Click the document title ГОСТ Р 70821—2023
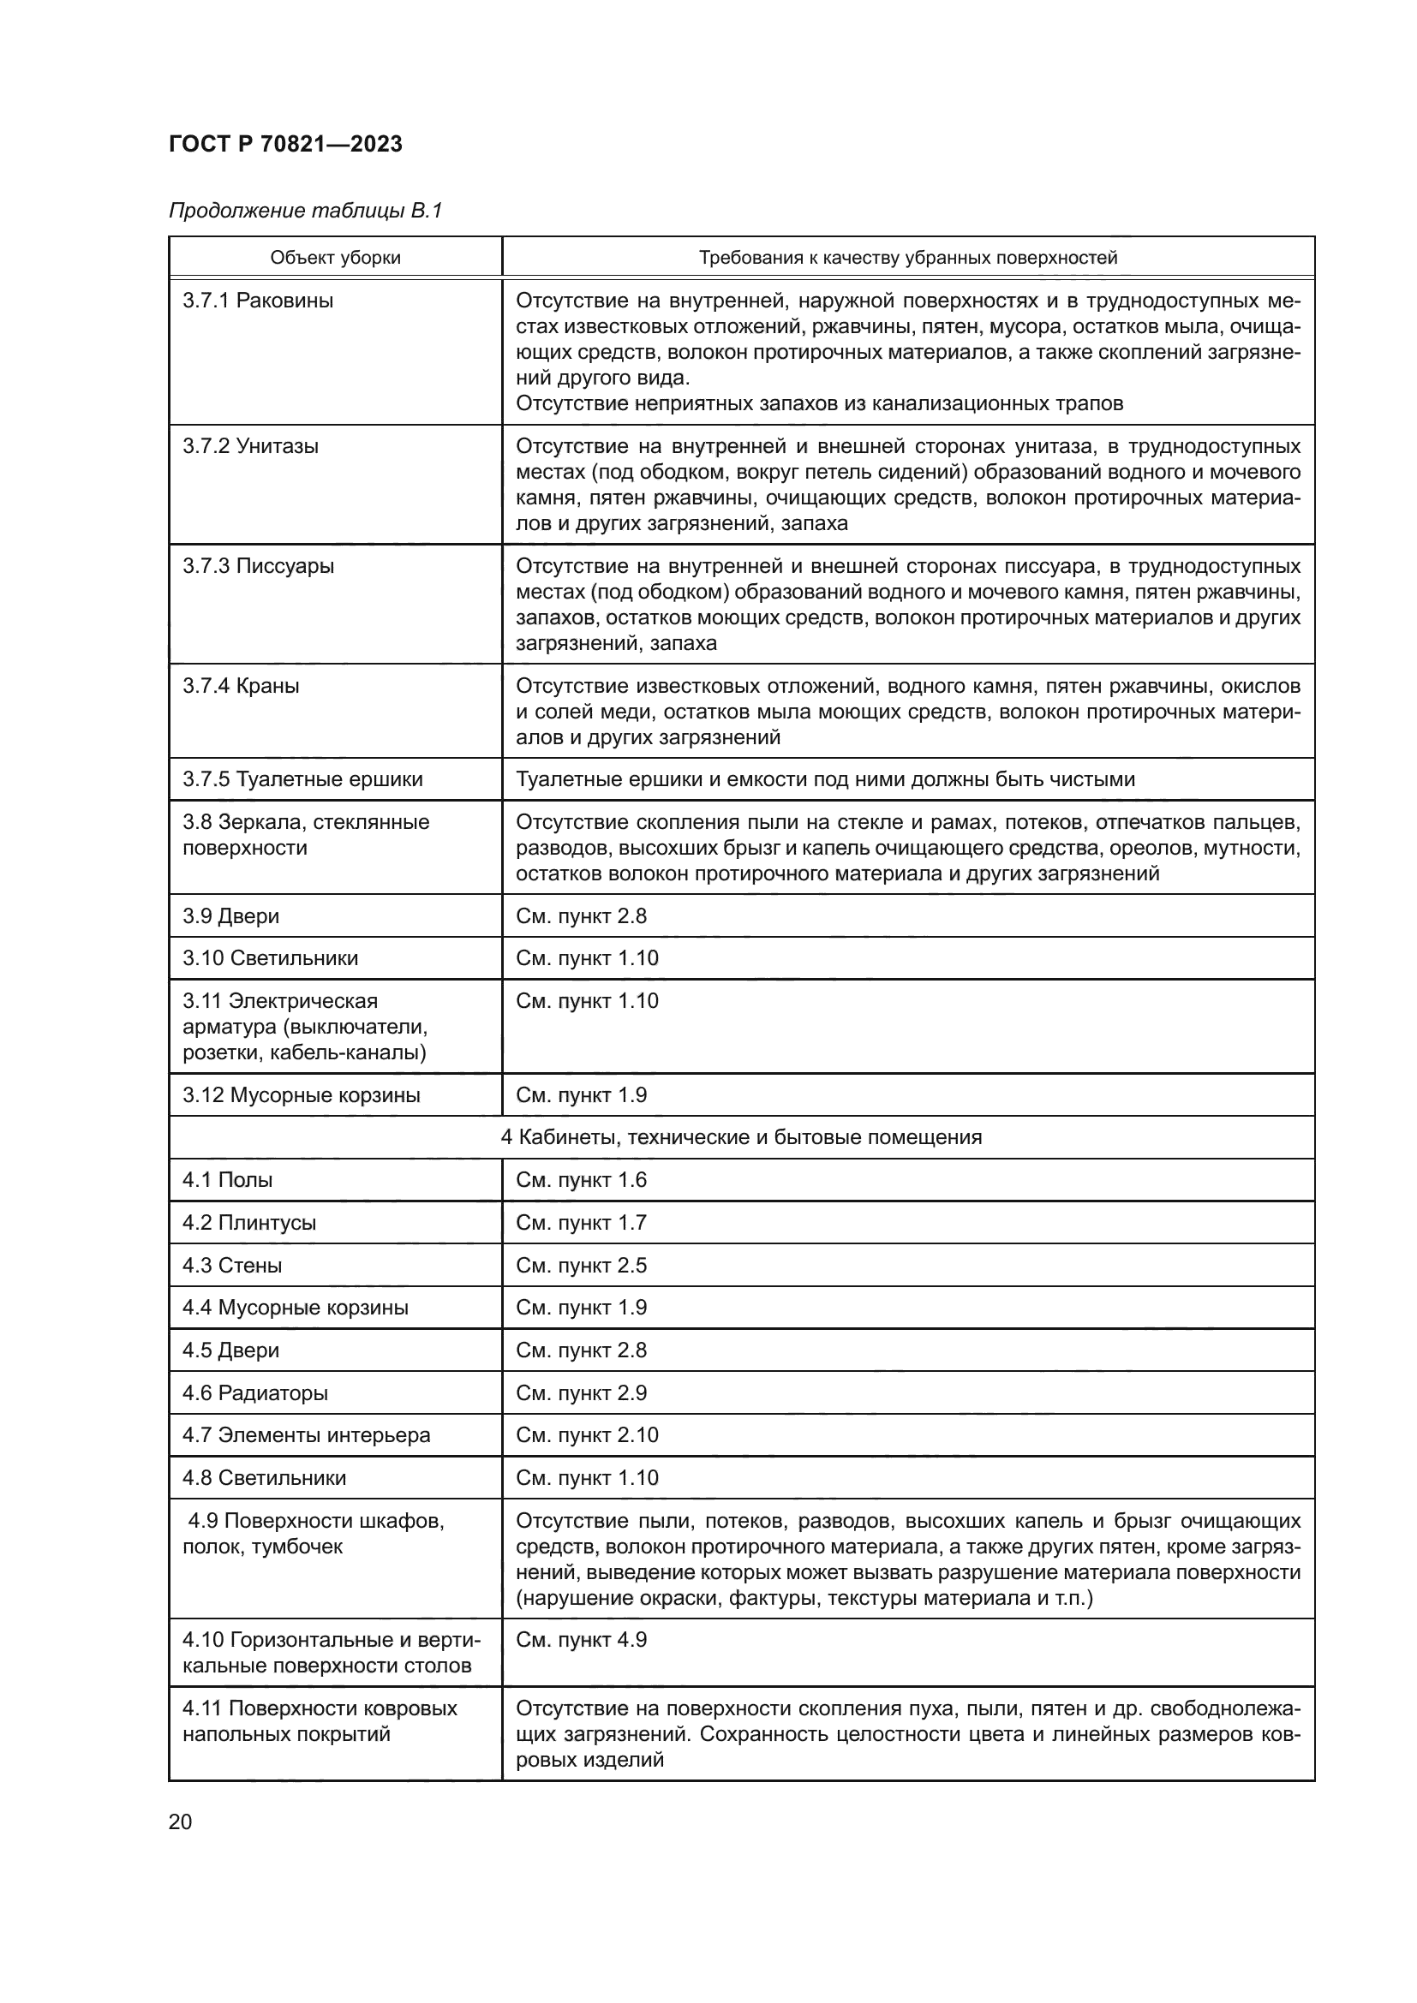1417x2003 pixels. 285,144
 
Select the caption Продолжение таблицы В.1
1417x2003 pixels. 305,212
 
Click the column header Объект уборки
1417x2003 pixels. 335,259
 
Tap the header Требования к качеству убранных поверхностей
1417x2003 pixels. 907,259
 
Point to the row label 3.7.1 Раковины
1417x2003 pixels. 257,301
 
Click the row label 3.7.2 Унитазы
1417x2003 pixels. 250,447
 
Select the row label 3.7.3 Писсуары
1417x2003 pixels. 257,566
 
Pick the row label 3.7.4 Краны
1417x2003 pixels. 241,686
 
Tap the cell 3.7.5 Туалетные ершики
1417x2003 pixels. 302,780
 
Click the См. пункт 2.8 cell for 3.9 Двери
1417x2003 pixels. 581,916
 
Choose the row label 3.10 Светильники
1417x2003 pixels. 270,959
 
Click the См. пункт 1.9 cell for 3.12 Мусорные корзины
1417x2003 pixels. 581,1096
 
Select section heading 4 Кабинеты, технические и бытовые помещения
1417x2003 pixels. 741,1137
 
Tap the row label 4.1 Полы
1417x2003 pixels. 227,1180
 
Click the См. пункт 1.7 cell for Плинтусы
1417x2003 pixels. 581,1223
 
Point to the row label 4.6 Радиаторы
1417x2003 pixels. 254,1393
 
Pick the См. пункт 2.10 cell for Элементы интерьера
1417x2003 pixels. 586,1436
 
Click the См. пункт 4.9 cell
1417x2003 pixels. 581,1640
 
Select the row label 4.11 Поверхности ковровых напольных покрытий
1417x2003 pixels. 320,1721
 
